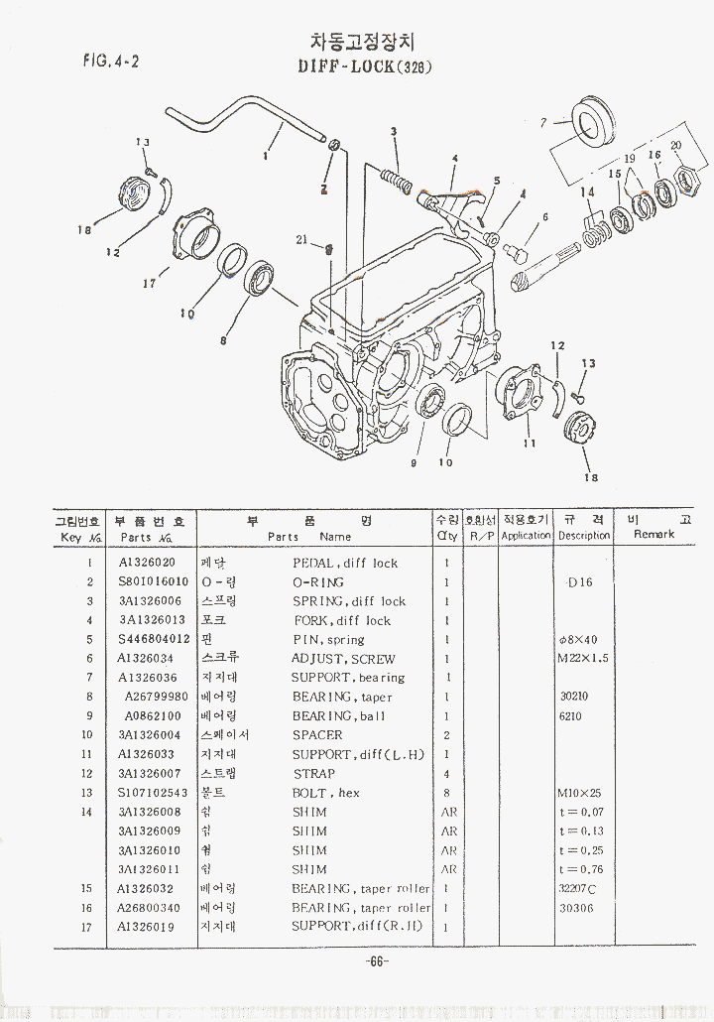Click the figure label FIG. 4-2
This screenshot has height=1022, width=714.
(110, 60)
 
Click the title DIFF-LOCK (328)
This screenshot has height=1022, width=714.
(365, 67)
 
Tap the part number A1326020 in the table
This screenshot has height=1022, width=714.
(147, 563)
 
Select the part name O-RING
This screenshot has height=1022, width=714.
(317, 582)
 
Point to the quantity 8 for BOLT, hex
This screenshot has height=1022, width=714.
(447, 793)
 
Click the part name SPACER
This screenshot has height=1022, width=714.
(317, 735)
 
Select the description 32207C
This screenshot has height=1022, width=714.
(577, 888)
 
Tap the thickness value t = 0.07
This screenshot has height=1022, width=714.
(581, 813)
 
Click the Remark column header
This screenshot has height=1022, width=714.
(654, 535)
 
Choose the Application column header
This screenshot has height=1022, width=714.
(526, 536)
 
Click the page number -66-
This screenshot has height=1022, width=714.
(376, 961)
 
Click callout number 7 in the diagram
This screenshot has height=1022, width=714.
(543, 124)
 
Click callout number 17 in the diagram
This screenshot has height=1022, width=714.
(150, 284)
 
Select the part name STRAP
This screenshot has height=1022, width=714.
(313, 774)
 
